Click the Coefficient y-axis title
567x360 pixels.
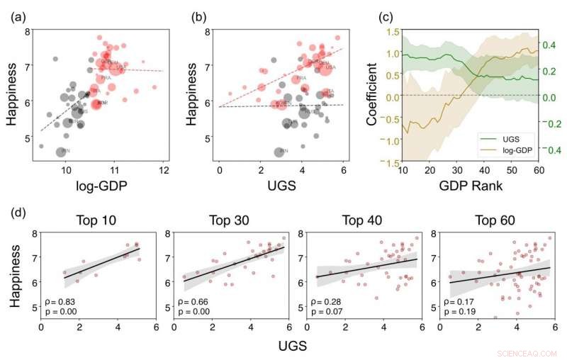(373, 96)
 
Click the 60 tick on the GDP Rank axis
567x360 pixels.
(537, 171)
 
